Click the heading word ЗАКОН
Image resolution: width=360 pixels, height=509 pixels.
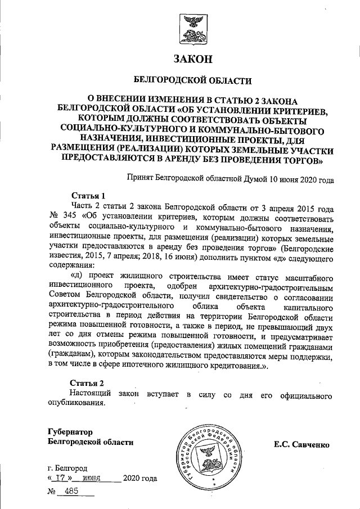click(193, 58)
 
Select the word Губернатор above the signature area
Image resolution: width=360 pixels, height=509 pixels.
click(69, 432)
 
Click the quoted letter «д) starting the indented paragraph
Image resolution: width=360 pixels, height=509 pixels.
click(77, 277)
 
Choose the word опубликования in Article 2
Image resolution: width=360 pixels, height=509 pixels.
click(76, 403)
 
